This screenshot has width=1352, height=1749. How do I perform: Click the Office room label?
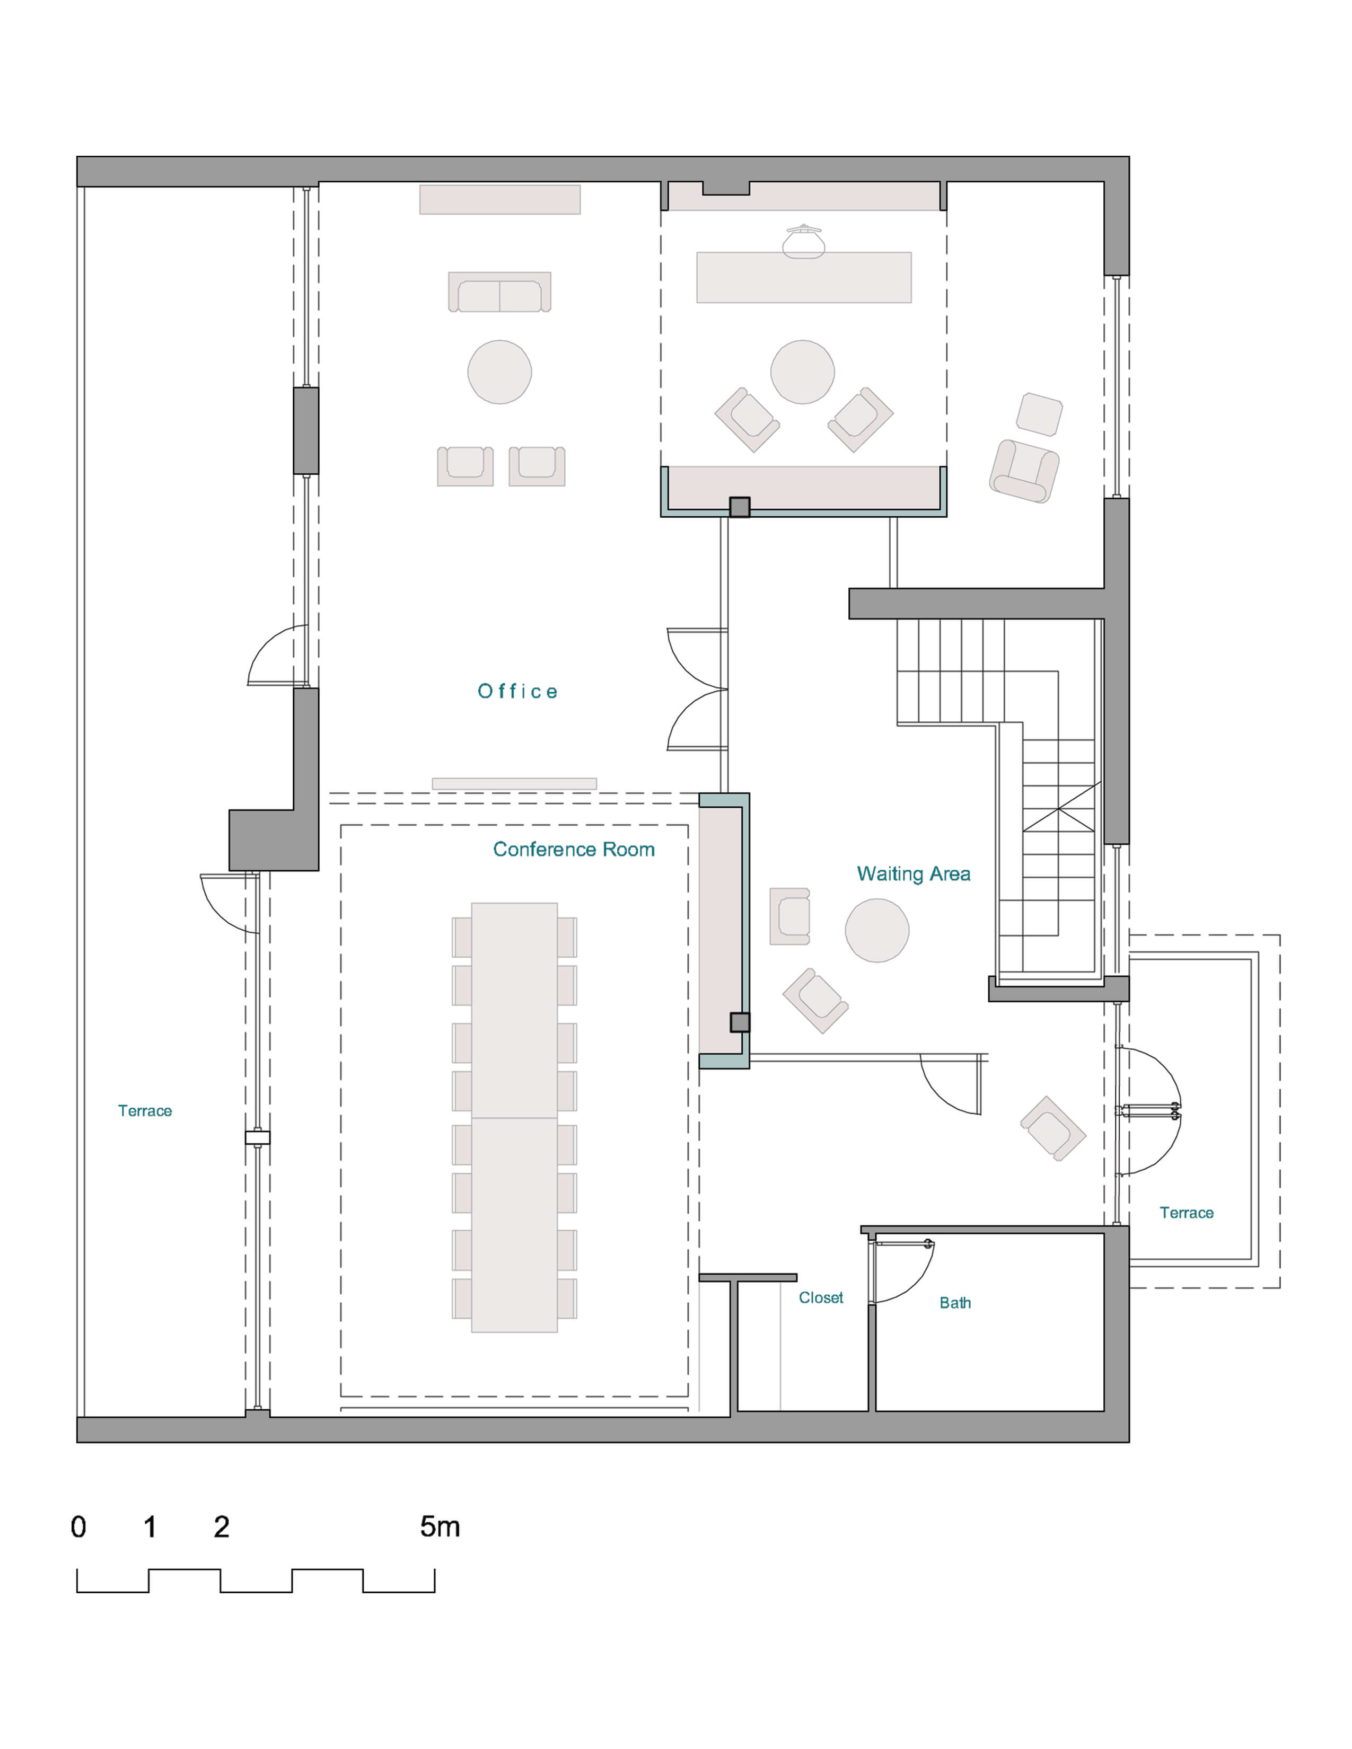tap(517, 691)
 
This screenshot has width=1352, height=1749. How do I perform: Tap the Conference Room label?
tap(574, 849)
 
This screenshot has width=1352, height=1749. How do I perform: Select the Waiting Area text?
tap(913, 873)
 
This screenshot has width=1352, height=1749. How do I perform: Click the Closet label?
tap(820, 1297)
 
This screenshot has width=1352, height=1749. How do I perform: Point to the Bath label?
tap(955, 1303)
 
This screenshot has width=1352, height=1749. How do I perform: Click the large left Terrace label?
tap(145, 1111)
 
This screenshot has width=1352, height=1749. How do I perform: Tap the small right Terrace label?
tap(1186, 1213)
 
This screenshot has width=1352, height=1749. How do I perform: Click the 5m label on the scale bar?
tap(440, 1527)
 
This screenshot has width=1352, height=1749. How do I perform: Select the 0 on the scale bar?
tap(78, 1527)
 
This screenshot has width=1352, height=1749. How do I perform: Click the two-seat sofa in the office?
tap(499, 293)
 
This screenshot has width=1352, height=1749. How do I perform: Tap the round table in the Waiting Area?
tap(877, 930)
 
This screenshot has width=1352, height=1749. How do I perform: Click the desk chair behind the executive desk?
tap(803, 242)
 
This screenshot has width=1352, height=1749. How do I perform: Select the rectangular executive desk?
tap(803, 277)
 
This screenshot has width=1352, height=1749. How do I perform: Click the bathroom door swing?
tap(903, 1271)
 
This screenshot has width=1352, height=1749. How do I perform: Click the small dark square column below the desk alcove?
tap(739, 507)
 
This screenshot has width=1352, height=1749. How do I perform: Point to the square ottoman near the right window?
tap(1039, 414)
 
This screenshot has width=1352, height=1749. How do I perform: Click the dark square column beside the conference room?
tap(739, 1022)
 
